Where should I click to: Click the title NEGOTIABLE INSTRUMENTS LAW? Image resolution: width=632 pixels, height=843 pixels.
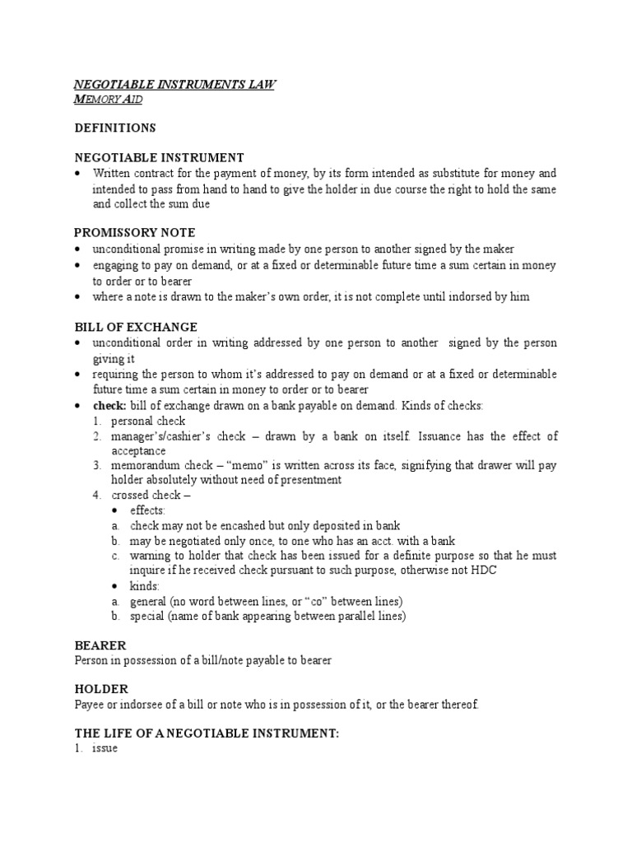[175, 84]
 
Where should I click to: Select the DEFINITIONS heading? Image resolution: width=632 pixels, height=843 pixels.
[115, 128]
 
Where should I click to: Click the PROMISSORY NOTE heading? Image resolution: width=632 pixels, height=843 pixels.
[135, 232]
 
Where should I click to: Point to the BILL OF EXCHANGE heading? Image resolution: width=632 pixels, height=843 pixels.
[136, 327]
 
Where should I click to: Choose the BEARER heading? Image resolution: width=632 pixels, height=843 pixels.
[100, 646]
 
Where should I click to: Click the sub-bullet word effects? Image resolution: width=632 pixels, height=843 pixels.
[148, 510]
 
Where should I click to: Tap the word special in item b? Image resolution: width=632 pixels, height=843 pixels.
[146, 616]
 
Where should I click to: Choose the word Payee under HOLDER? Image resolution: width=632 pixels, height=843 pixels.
[89, 704]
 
